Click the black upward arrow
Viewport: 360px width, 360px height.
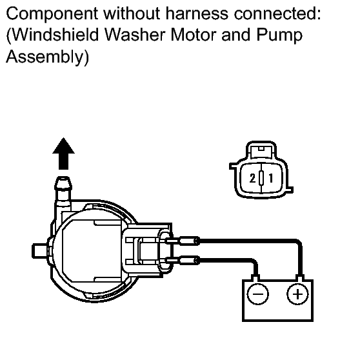63,154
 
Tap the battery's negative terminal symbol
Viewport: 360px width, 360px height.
257,294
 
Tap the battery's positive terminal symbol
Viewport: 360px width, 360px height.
298,294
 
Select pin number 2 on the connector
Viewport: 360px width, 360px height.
252,178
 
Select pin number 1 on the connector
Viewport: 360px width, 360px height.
271,178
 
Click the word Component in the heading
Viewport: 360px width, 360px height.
52,14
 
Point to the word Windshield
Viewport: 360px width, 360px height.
55,35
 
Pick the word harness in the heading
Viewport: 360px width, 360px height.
197,14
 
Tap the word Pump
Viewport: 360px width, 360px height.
279,35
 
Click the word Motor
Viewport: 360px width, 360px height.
194,35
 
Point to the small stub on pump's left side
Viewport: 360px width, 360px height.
39,251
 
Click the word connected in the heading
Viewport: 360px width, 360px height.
277,14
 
